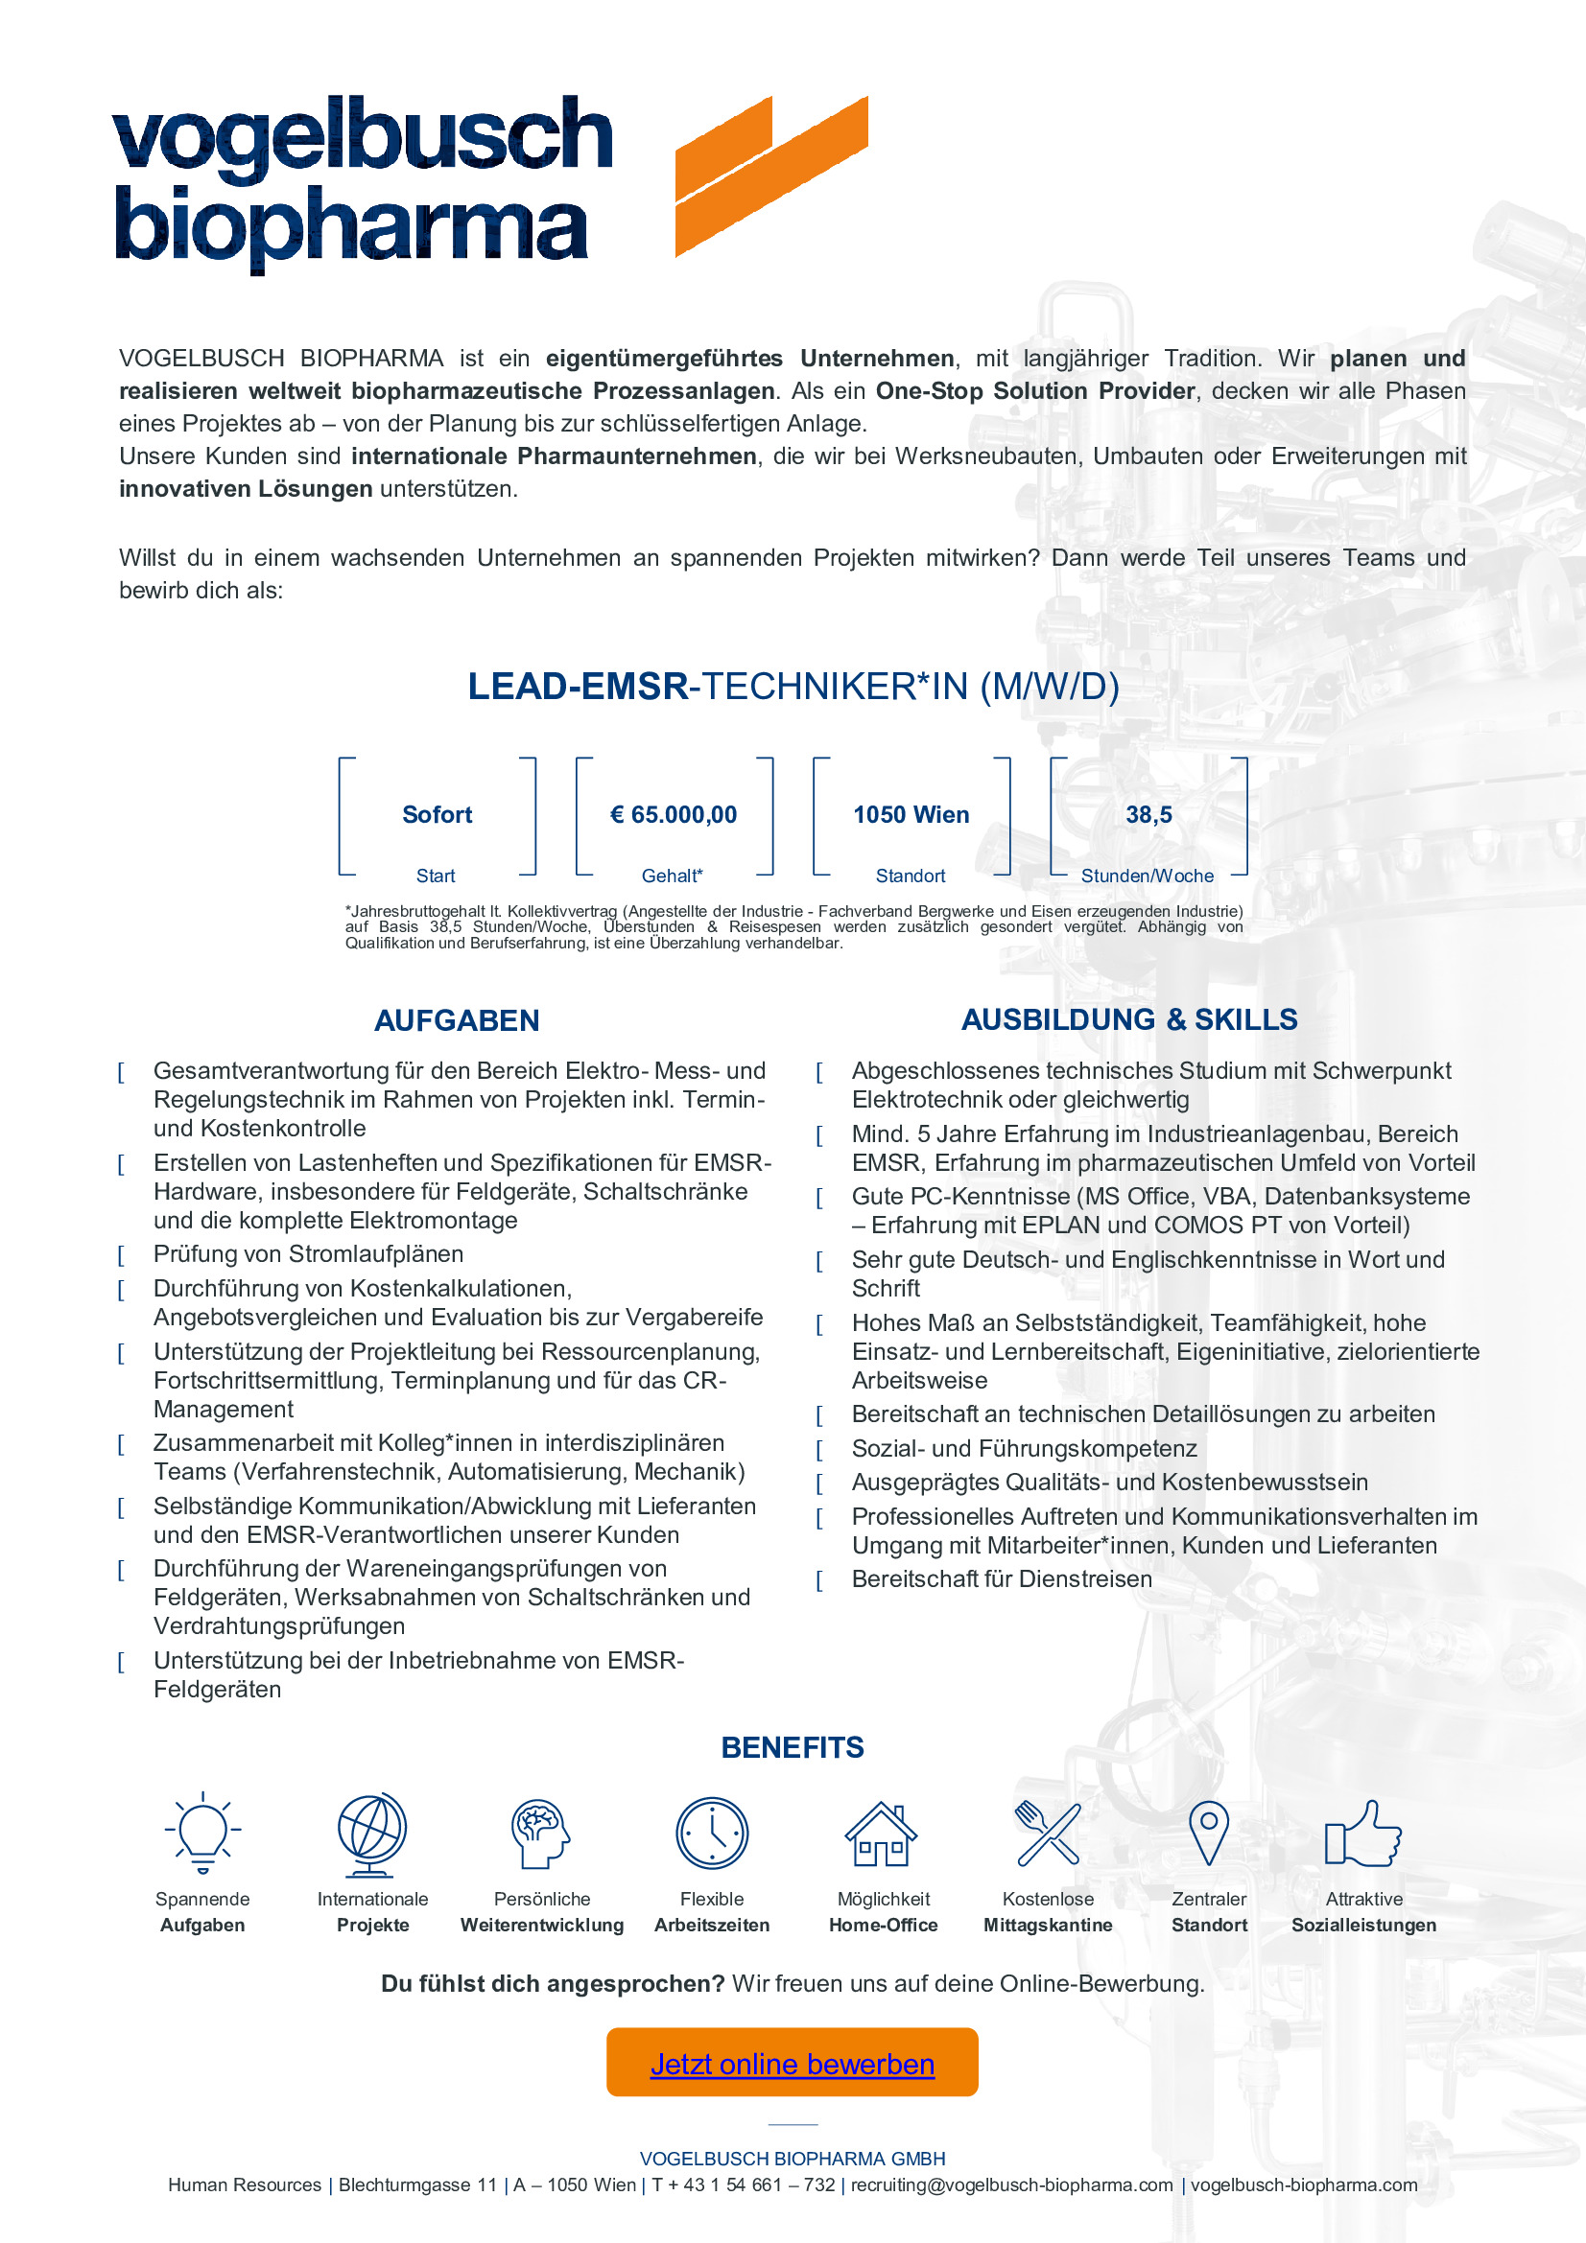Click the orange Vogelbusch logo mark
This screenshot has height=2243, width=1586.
point(770,175)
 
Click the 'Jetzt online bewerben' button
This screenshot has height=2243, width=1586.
point(792,2064)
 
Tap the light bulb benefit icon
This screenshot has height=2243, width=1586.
point(202,1833)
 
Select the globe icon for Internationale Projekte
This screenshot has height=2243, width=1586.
point(372,1834)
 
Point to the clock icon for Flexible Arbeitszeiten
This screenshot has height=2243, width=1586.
point(711,1833)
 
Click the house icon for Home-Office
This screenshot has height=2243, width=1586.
point(882,1834)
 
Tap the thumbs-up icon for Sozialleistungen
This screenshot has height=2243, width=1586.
point(1363,1834)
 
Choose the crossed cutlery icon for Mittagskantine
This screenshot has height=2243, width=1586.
point(1048,1833)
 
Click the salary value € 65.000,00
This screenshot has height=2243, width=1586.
point(674,815)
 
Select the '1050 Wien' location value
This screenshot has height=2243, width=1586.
point(911,815)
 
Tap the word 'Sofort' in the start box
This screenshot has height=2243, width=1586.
point(437,815)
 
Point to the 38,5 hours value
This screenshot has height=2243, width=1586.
point(1148,815)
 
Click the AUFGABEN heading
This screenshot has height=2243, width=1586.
point(457,1021)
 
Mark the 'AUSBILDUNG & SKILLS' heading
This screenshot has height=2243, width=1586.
point(1128,1020)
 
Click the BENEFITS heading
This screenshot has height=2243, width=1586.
point(793,1748)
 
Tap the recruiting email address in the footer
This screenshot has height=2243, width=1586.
point(1011,2185)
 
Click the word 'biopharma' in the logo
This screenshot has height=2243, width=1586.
point(352,226)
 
